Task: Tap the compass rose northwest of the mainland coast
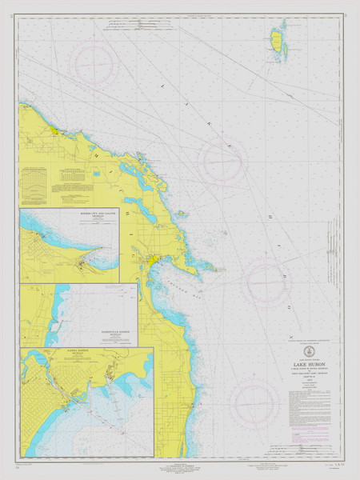click(94, 62)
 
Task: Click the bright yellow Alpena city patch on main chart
click(152, 261)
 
